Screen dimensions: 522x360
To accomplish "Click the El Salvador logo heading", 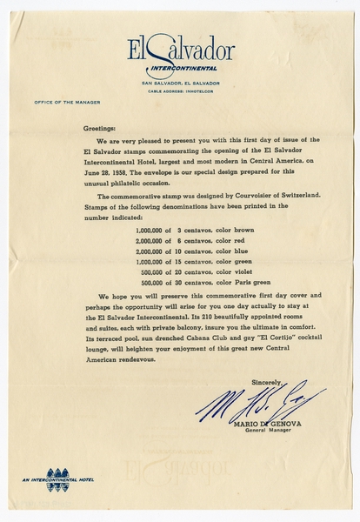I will pyautogui.click(x=181, y=50).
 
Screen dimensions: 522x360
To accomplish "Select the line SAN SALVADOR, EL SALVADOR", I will pyautogui.click(x=181, y=83).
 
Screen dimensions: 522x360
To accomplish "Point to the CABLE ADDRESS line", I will pyautogui.click(x=181, y=90).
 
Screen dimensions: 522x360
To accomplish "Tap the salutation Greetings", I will pyautogui.click(x=100, y=128).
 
